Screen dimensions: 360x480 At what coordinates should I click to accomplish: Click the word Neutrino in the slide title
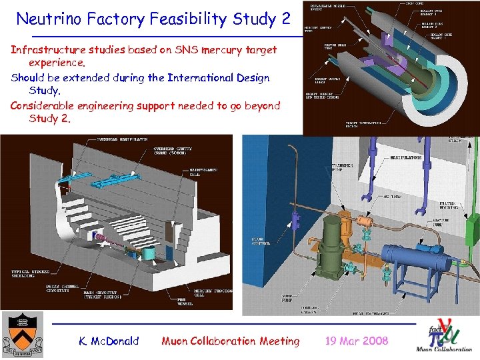point(51,19)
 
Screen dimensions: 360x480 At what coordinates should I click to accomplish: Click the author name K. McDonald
point(109,341)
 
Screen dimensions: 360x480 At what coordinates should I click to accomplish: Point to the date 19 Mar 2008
point(356,341)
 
